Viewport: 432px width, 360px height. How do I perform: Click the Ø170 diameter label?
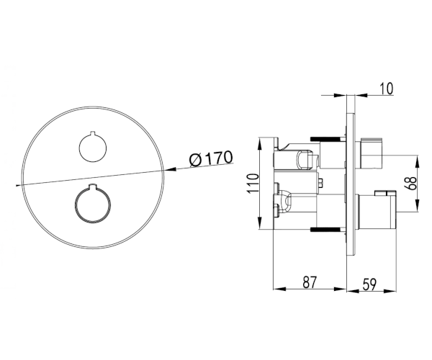(211, 158)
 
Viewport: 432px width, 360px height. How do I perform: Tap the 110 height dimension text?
(253, 184)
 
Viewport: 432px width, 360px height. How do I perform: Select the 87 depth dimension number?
(310, 282)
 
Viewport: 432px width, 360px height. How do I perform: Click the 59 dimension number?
(369, 284)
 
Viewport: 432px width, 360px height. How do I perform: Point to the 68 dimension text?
(410, 183)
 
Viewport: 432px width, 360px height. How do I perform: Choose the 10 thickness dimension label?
(386, 89)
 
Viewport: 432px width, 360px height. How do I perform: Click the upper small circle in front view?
(93, 148)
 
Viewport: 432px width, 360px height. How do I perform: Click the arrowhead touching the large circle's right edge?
(170, 169)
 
